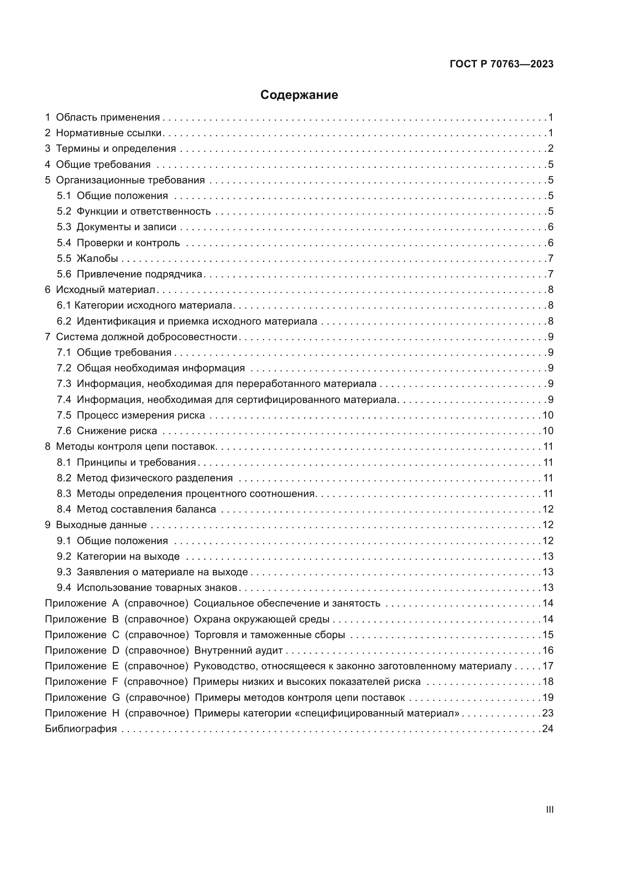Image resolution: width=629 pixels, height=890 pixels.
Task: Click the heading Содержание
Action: [299, 95]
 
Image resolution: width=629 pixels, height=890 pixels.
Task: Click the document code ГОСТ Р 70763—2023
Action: [502, 64]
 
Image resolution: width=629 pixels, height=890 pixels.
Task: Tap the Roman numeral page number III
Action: [550, 810]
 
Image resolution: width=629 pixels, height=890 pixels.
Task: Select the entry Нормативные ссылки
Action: [108, 133]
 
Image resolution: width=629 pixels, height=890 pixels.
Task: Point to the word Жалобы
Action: [97, 258]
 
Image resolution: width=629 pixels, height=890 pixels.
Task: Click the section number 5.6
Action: [64, 274]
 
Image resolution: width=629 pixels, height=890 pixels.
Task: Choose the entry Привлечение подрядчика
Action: [140, 274]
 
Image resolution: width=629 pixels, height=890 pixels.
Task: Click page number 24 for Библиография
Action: [548, 729]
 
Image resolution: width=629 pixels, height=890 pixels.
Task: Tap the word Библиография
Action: [81, 729]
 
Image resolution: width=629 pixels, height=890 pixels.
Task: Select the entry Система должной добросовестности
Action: [146, 337]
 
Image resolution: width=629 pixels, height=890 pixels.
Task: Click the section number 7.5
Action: [64, 415]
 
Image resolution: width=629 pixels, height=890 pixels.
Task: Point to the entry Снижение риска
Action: [117, 431]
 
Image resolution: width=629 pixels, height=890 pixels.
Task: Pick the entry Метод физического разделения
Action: [154, 478]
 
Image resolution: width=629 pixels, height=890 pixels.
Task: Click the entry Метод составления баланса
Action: [146, 509]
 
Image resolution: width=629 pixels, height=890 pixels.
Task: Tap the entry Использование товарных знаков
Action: [157, 587]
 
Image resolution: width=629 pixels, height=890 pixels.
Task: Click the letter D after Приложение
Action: [116, 650]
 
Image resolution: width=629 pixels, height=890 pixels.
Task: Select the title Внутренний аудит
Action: [238, 650]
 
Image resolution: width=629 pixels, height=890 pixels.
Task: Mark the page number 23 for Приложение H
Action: [548, 713]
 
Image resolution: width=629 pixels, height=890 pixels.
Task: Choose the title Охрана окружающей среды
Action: [261, 619]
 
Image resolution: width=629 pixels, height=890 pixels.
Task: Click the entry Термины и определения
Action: [116, 148]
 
